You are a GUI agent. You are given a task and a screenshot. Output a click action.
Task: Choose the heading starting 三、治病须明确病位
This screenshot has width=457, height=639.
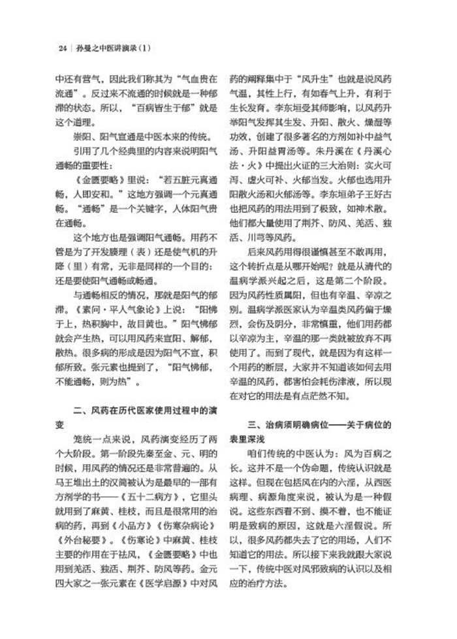[x=307, y=424]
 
